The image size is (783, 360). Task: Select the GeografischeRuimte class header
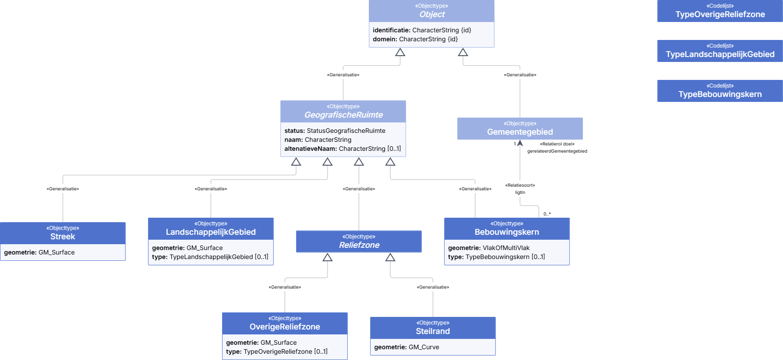click(343, 111)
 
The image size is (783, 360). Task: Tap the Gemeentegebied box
click(520, 128)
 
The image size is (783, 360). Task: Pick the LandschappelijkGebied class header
click(211, 228)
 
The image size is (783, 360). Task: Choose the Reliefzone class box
click(359, 241)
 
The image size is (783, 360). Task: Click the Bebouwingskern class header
click(507, 228)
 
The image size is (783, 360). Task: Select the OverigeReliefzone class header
click(285, 323)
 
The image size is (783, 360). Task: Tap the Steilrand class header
click(433, 328)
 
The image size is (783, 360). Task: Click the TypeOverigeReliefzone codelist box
click(720, 11)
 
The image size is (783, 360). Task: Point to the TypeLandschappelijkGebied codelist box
click(720, 51)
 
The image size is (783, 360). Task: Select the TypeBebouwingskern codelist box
click(720, 91)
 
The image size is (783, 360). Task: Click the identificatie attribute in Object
click(422, 30)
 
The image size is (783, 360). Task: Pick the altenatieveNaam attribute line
click(343, 149)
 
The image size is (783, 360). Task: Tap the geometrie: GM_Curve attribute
click(407, 347)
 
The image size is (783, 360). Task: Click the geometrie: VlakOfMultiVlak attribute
click(489, 248)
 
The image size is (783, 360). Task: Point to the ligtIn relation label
click(520, 193)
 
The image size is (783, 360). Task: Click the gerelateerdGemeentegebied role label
click(557, 151)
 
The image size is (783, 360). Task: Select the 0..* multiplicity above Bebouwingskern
click(547, 214)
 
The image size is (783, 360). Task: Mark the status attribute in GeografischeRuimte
click(335, 131)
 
